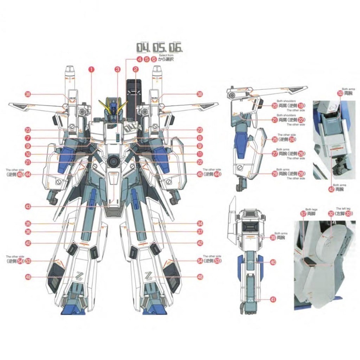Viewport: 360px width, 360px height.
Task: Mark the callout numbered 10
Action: [x=27, y=154]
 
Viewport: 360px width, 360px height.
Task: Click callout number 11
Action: [x=200, y=154]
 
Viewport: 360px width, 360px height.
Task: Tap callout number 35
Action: [x=27, y=224]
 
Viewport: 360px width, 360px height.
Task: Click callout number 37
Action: [x=200, y=231]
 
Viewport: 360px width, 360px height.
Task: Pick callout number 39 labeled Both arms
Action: [x=273, y=238]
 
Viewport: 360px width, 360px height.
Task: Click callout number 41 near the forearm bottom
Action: [x=273, y=299]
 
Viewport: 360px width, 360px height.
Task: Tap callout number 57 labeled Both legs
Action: [x=303, y=214]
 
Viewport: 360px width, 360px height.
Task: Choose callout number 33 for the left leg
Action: [x=348, y=214]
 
